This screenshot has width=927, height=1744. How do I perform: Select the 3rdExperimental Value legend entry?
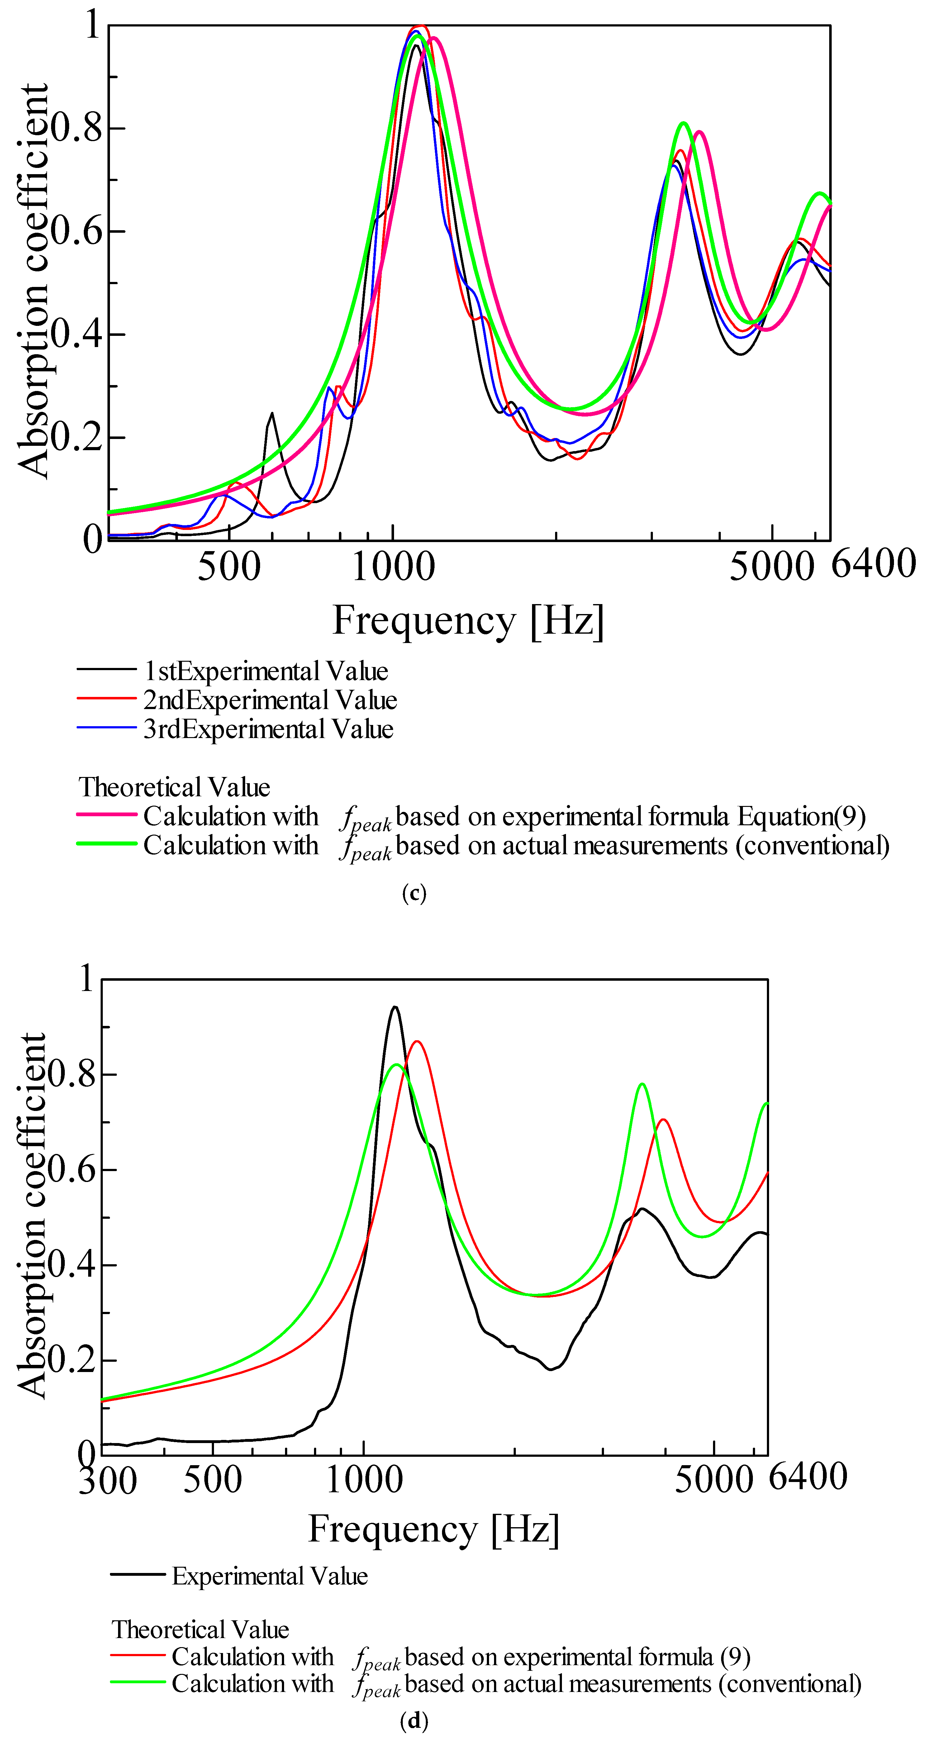(x=268, y=729)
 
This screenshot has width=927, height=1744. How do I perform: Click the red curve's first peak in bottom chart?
(x=416, y=1042)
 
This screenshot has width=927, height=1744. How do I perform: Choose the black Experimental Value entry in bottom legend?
(x=269, y=1577)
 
